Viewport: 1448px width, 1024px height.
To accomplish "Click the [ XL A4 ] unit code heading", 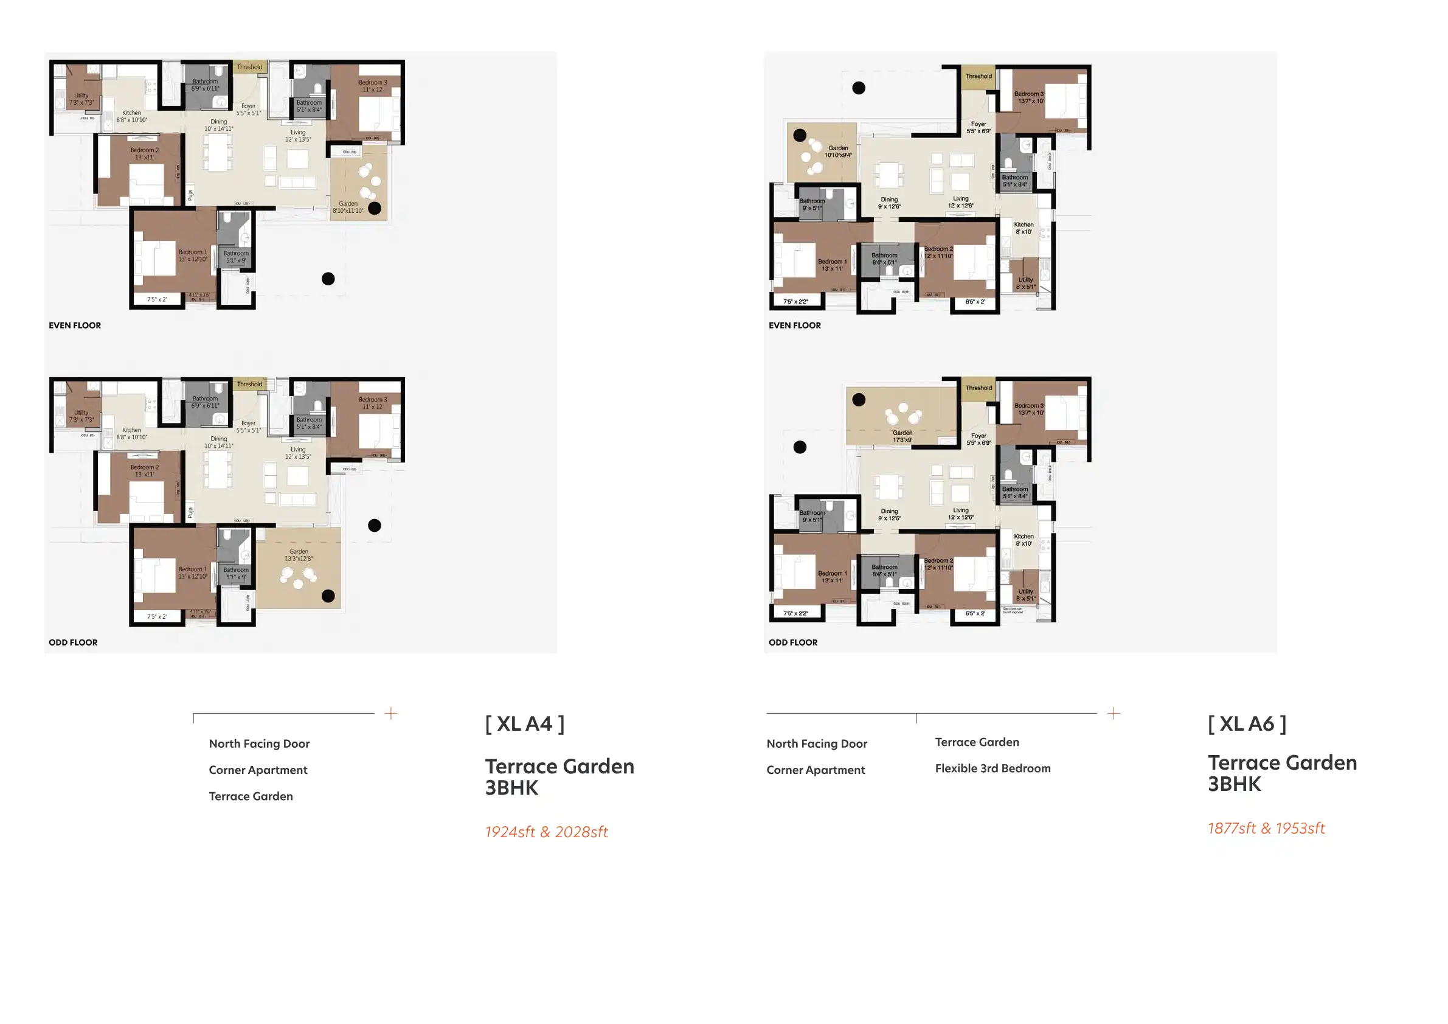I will tap(524, 723).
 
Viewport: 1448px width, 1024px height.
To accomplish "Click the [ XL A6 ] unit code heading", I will tap(1247, 723).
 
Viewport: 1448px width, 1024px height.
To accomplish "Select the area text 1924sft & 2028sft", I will tap(546, 832).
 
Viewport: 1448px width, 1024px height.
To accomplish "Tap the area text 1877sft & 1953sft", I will tap(1266, 829).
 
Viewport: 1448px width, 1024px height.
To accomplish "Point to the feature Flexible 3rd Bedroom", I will tap(992, 768).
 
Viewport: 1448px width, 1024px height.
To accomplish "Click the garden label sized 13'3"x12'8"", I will tap(299, 556).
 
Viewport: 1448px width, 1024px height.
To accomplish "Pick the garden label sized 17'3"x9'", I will tap(902, 437).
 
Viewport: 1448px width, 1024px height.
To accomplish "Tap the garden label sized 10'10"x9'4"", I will tap(838, 152).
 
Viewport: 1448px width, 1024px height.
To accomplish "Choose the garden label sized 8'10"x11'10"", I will tap(348, 207).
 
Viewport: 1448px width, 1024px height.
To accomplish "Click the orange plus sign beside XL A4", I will tap(391, 714).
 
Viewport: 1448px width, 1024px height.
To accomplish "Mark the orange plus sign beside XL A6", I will tap(1114, 714).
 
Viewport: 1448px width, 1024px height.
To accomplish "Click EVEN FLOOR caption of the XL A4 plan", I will tap(74, 326).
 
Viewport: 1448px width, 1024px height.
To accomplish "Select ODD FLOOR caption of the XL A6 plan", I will tap(793, 643).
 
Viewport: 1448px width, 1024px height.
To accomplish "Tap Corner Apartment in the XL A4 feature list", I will tap(258, 770).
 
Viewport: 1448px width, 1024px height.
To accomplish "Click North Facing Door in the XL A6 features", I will tap(817, 744).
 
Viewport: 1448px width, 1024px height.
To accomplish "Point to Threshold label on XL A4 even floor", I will tap(249, 67).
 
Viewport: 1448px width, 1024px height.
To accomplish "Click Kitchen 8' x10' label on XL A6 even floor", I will tap(1024, 228).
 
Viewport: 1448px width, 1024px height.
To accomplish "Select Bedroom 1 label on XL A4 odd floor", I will tap(192, 573).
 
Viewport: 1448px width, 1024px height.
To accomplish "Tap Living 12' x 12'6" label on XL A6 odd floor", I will tap(960, 514).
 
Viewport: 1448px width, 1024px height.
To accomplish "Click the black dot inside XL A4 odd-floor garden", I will tap(328, 596).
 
